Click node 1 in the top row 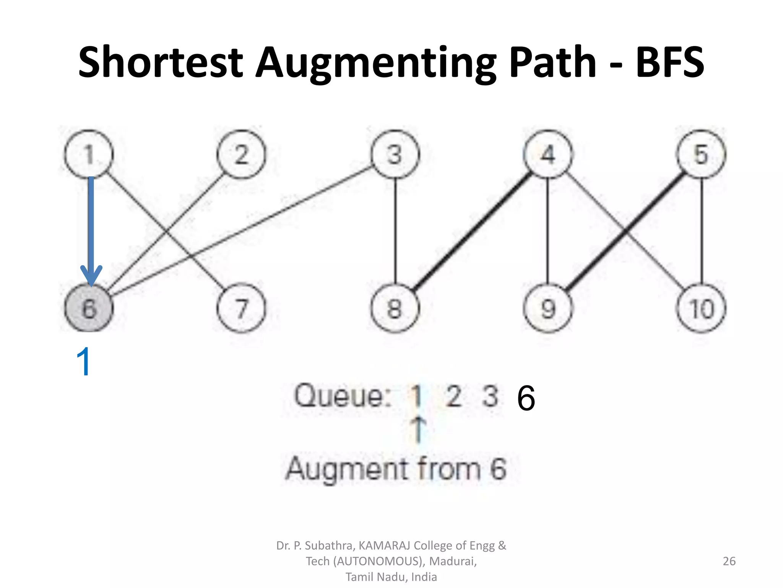(89, 154)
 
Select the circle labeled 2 (241, 154)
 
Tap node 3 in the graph (395, 154)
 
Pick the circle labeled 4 (548, 154)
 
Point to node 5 (701, 154)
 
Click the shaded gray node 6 (89, 308)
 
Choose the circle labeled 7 (241, 308)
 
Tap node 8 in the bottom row (395, 308)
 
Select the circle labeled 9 (548, 308)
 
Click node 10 (701, 308)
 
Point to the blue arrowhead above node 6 (91, 275)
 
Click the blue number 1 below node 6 (84, 361)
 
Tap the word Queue (342, 395)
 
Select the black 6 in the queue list (526, 398)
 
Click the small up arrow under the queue (419, 429)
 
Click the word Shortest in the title (161, 62)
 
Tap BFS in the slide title (669, 62)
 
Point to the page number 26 (729, 561)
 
